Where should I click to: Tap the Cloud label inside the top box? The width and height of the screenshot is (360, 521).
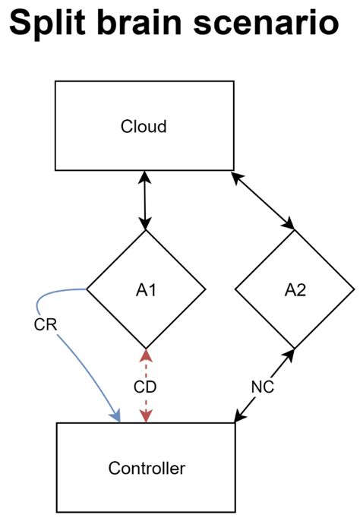[144, 126]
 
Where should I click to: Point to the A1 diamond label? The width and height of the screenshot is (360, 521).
[146, 289]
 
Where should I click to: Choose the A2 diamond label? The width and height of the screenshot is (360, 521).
[294, 289]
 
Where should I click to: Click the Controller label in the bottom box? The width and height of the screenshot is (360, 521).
[147, 469]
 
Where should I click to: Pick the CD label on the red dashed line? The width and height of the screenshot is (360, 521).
[145, 387]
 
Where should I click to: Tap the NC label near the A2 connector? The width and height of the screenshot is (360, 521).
[262, 386]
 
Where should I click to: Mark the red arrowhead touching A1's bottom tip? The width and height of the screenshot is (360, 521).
[146, 354]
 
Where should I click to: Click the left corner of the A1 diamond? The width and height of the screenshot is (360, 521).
[87, 289]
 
